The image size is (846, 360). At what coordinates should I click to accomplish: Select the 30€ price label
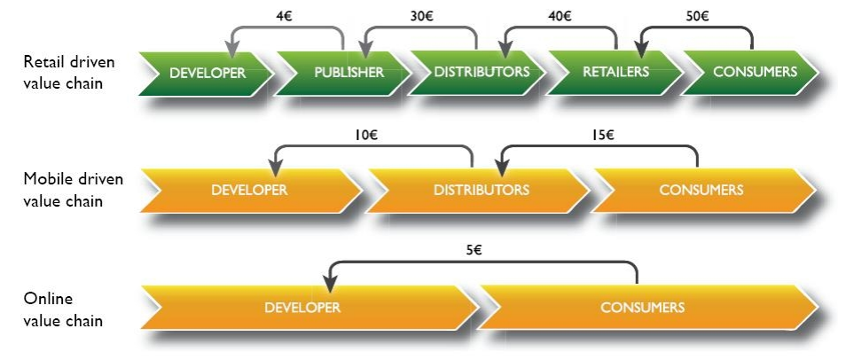pyautogui.click(x=421, y=14)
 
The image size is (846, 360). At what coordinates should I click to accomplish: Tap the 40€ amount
pyautogui.click(x=560, y=14)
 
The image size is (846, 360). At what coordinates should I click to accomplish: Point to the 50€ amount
pyautogui.click(x=698, y=14)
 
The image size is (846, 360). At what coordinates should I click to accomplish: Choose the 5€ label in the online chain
pyautogui.click(x=474, y=251)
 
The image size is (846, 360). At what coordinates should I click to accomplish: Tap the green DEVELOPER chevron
pyautogui.click(x=207, y=73)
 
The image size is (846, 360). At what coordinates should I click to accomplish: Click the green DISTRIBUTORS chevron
pyautogui.click(x=481, y=73)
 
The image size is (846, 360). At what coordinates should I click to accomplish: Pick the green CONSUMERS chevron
pyautogui.click(x=754, y=73)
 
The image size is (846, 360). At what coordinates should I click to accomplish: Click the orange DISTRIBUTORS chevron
pyautogui.click(x=481, y=190)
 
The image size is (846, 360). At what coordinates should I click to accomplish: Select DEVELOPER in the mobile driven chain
pyautogui.click(x=249, y=190)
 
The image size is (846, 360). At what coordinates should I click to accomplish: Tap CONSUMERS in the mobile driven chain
pyautogui.click(x=701, y=190)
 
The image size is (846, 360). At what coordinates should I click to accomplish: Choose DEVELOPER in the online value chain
pyautogui.click(x=302, y=308)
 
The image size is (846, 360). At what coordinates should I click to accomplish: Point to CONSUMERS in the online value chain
pyautogui.click(x=642, y=308)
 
